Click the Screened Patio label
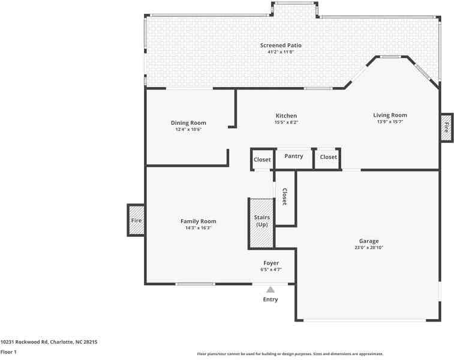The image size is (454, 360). coord(281,45)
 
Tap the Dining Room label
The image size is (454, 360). coord(188,122)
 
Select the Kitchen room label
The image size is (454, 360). coord(286,115)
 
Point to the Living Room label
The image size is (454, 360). coord(390,115)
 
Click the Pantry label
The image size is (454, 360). coord(294,156)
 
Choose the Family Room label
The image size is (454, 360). coord(198,221)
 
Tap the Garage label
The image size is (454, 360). coord(368,241)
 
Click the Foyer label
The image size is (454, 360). coord(271,263)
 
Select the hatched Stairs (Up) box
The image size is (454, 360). coord(261,223)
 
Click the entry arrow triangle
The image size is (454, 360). coord(270,289)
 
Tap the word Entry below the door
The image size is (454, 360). coord(270,299)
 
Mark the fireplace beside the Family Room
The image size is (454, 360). coord(136,220)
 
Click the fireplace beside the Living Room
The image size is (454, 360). coord(446,127)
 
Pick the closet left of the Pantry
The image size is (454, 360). coord(262,160)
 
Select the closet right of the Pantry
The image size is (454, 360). coord(328,157)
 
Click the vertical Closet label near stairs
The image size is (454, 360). coord(284,197)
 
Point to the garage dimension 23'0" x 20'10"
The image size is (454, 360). coord(368,247)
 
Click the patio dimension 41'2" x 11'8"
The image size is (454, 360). coord(281,52)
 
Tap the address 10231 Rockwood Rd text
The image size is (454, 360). coord(49,341)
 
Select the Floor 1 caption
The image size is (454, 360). coord(8,352)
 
